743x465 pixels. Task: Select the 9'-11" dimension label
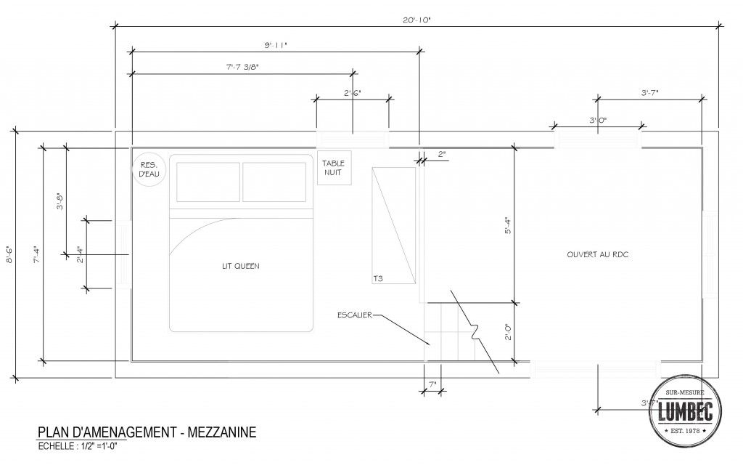(x=276, y=45)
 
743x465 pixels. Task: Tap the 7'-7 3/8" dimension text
(x=242, y=67)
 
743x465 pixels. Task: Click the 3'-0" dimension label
(x=598, y=120)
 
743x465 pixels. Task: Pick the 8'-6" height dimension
(x=9, y=254)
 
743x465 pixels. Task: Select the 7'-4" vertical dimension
(x=36, y=254)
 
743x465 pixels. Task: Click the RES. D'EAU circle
(x=150, y=169)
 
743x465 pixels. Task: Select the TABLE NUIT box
(x=334, y=169)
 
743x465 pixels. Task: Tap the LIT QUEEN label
(x=241, y=266)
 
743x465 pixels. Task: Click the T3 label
(x=377, y=278)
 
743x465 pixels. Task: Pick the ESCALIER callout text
(x=354, y=315)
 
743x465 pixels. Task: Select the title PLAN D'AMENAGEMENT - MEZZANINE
(x=147, y=433)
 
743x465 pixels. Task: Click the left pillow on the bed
(x=208, y=182)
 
